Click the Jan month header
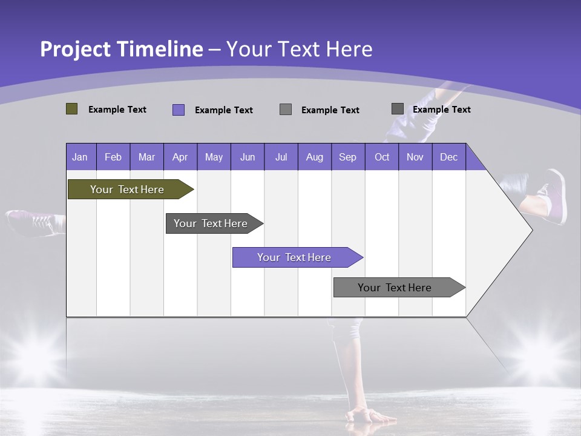click(x=80, y=157)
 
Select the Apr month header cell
click(x=180, y=157)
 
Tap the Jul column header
click(x=281, y=157)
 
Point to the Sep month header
click(x=347, y=157)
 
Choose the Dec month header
click(x=448, y=157)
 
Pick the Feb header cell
click(x=113, y=157)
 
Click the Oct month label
click(x=382, y=157)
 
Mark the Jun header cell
click(x=247, y=157)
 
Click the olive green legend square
click(x=72, y=109)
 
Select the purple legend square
click(x=179, y=110)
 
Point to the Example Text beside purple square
click(x=223, y=110)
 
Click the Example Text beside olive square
click(x=117, y=110)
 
